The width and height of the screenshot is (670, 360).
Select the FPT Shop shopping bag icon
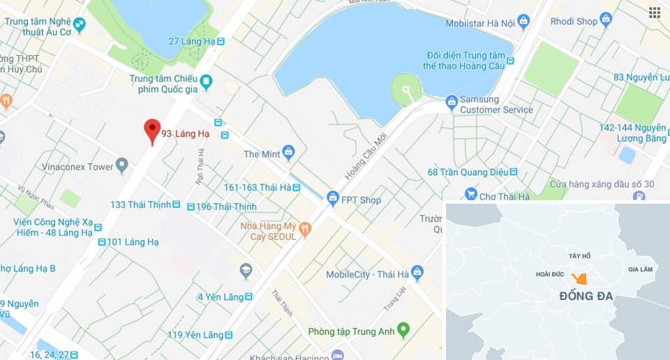[333, 200]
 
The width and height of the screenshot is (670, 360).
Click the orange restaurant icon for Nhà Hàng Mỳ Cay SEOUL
[304, 229]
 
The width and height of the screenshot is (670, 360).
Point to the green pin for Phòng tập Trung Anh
[403, 330]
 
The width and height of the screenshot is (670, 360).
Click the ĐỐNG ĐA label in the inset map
[586, 297]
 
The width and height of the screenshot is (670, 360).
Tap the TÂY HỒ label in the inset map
[579, 256]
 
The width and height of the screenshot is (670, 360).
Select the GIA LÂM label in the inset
[640, 269]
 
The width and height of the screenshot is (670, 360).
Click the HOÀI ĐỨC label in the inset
[550, 274]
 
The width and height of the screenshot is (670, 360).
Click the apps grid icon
[654, 13]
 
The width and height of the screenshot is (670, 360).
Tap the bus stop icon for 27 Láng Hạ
[221, 41]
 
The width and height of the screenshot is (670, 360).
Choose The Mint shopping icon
[289, 153]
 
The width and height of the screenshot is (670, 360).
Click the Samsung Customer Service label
[496, 105]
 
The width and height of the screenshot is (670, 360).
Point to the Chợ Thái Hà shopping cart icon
[471, 196]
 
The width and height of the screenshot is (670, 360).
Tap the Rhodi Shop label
[574, 21]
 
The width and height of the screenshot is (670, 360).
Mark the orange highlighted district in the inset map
[579, 278]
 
